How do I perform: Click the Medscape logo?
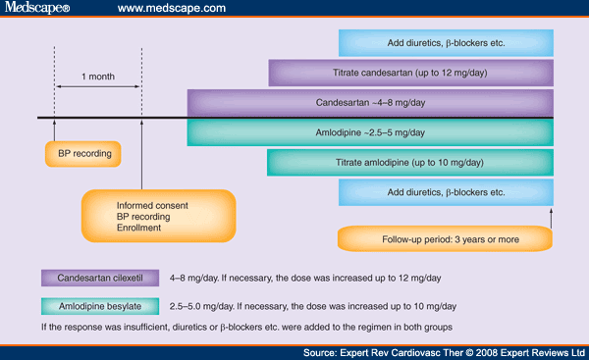(38, 10)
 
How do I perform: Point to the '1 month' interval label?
(99, 76)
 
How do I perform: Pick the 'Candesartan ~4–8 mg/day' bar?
(370, 102)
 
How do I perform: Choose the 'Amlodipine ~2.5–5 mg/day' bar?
(370, 132)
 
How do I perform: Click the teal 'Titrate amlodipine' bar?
(410, 163)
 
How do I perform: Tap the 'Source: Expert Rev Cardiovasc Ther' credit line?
(444, 351)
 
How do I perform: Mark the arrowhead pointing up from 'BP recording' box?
(56, 125)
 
